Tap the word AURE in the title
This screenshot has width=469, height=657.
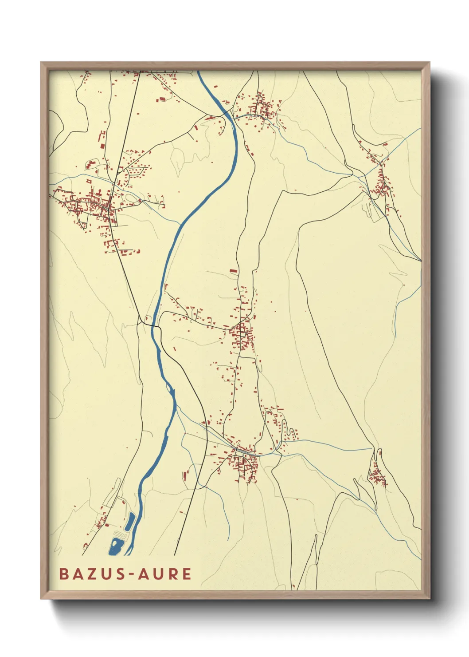[164, 574]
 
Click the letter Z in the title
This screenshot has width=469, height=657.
[88, 574]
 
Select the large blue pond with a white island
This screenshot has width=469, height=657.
[117, 546]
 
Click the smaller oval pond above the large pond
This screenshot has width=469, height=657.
[130, 522]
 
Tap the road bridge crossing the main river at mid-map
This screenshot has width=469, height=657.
[155, 326]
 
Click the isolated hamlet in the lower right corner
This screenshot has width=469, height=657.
[378, 477]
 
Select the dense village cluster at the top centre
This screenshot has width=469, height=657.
[262, 109]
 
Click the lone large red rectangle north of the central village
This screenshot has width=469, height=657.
[233, 270]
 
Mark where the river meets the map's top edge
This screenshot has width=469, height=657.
[198, 71]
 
